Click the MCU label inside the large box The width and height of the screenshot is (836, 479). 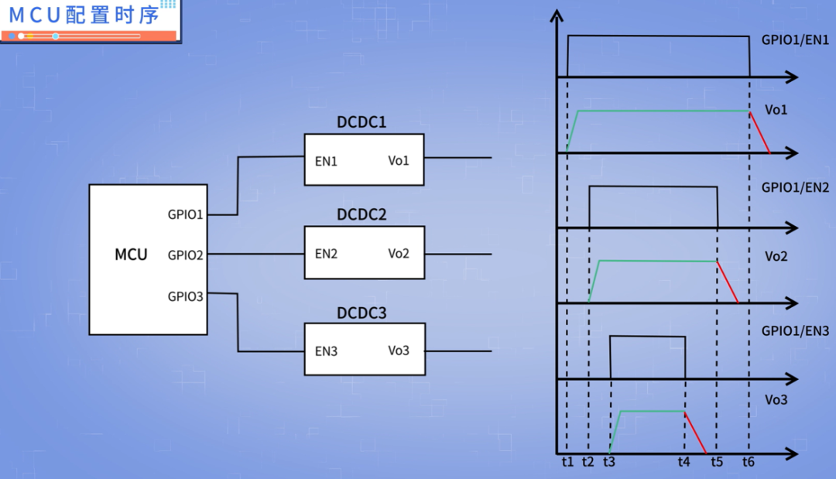click(x=131, y=255)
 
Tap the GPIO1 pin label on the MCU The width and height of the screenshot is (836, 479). click(x=185, y=214)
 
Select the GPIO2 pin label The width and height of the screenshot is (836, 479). click(x=185, y=254)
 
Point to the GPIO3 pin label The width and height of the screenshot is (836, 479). click(x=185, y=296)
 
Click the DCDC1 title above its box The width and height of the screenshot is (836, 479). click(x=361, y=122)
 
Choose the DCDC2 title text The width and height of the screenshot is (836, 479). click(x=361, y=215)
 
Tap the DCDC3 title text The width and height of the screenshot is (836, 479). click(x=361, y=313)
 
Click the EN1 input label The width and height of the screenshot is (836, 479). click(x=326, y=161)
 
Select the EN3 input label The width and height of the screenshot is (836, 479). click(x=326, y=351)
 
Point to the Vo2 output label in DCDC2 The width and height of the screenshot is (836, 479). click(x=399, y=253)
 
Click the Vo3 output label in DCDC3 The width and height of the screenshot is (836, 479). click(x=399, y=351)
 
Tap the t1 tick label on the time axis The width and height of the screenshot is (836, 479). click(x=567, y=462)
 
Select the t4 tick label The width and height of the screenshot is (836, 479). click(x=684, y=462)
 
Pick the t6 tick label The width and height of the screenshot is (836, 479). click(x=748, y=462)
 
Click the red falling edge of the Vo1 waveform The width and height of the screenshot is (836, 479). click(x=759, y=132)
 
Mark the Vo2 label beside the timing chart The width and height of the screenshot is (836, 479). click(x=776, y=256)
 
